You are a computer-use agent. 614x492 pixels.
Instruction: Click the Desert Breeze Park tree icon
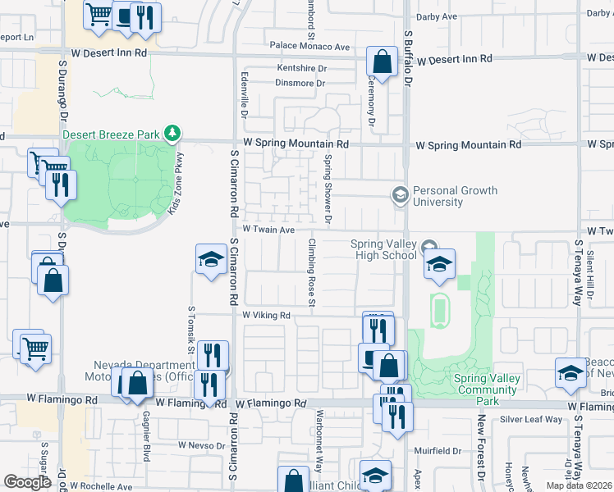[x=172, y=133]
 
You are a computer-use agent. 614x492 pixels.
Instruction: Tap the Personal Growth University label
[x=455, y=196]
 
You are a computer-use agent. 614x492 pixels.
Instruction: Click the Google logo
[x=27, y=482]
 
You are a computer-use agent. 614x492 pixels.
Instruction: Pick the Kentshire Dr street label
[x=301, y=68]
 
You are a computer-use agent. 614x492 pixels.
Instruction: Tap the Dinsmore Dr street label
[x=300, y=83]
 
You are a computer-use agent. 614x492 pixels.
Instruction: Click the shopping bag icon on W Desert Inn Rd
[x=382, y=60]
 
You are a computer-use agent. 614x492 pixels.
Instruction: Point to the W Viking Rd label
[x=267, y=315]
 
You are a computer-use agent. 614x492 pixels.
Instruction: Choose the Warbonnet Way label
[x=317, y=443]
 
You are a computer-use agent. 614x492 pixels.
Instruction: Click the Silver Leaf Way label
[x=531, y=419]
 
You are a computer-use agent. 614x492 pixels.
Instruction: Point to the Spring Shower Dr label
[x=327, y=189]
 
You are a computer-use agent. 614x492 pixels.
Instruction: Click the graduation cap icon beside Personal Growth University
[x=400, y=194]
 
